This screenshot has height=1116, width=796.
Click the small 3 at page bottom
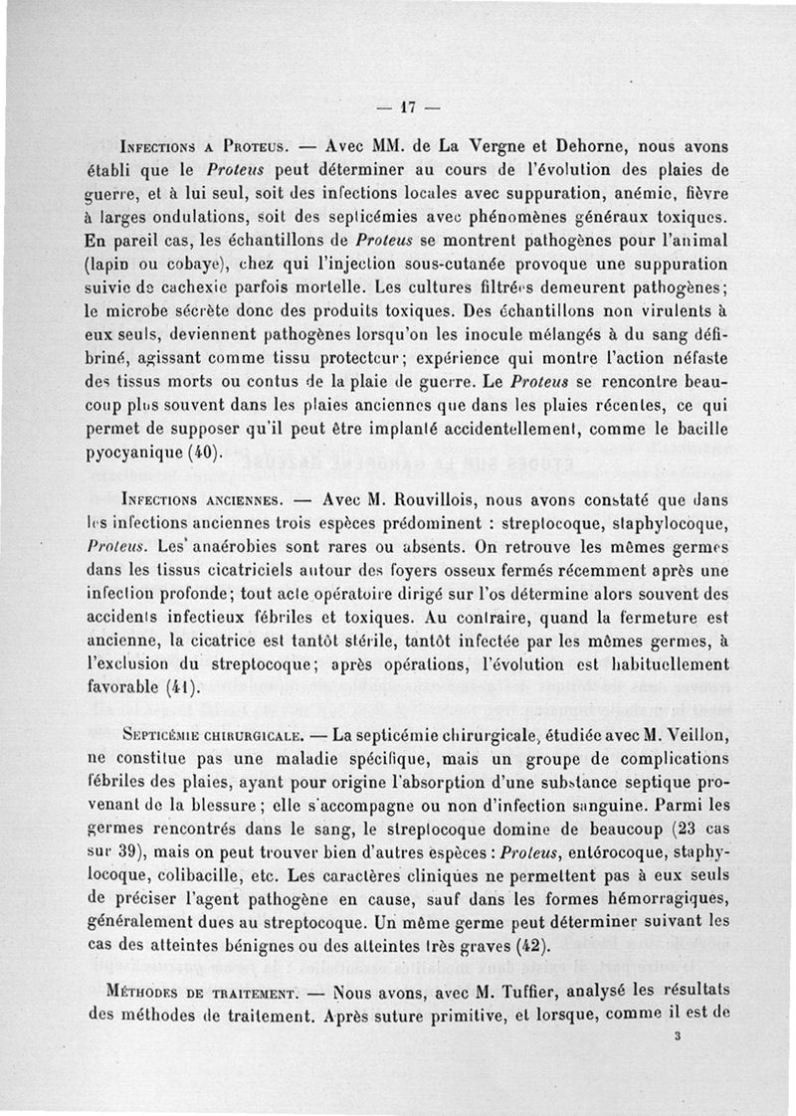[x=676, y=1035]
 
